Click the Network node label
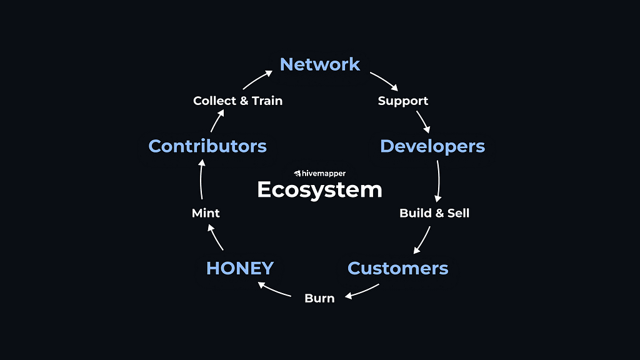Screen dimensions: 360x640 pos(320,64)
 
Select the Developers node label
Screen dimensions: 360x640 pos(432,146)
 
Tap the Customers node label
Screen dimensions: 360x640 pos(397,268)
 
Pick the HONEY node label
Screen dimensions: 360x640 pos(240,268)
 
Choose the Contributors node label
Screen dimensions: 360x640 pos(207,146)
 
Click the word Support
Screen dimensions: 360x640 pos(403,101)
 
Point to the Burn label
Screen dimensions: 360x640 pos(319,298)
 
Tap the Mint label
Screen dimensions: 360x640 pos(206,213)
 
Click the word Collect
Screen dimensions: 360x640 pos(214,101)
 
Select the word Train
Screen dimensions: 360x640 pos(267,101)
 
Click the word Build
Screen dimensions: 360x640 pos(415,213)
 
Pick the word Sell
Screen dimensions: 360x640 pos(457,213)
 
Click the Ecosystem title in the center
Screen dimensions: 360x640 pos(319,189)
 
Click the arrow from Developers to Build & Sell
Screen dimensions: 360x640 pos(438,180)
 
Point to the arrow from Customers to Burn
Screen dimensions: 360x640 pos(362,291)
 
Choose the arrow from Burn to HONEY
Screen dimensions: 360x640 pos(275,289)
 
